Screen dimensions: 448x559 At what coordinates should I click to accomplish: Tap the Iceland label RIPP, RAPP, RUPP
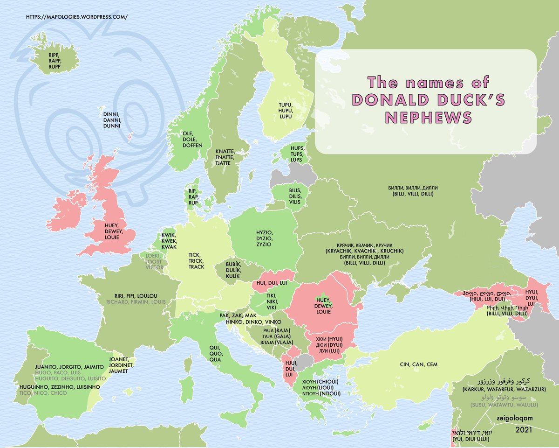coord(55,60)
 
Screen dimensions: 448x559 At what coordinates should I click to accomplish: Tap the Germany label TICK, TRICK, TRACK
coord(197,261)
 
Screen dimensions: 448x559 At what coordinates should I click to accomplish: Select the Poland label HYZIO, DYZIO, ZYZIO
coord(263,238)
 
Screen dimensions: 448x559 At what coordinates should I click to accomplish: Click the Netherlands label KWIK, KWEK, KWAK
coord(169,241)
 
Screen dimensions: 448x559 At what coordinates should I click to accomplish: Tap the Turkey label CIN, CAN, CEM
coord(419,364)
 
